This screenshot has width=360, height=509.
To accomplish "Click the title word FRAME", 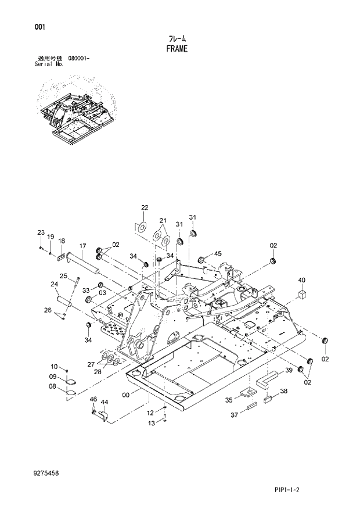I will click(177, 49).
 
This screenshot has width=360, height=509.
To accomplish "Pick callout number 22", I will click(145, 207).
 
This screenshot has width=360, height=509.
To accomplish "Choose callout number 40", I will click(302, 281).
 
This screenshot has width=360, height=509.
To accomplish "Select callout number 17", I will click(82, 245).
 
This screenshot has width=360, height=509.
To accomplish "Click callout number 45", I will click(218, 253).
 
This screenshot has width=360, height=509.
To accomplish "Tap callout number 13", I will click(150, 424).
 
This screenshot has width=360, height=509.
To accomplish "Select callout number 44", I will click(105, 402).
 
